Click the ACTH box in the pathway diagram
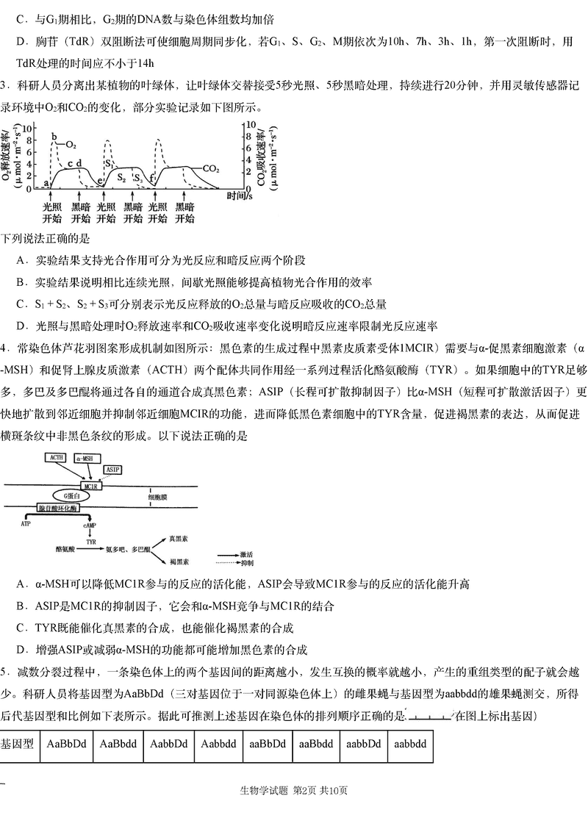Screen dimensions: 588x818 [x=57, y=458]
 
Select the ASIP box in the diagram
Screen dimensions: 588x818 [x=112, y=470]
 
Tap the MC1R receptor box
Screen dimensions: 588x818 [x=90, y=487]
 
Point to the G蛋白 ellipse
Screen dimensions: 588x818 [x=69, y=496]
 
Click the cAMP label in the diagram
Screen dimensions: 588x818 [x=90, y=525]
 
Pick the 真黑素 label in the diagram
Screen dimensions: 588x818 [x=179, y=539]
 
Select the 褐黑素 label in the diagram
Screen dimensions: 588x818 [x=179, y=562]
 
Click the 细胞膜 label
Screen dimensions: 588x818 [x=157, y=498]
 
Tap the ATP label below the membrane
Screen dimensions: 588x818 [x=26, y=523]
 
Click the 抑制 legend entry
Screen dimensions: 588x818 [x=247, y=564]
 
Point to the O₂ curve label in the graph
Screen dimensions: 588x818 [x=71, y=145]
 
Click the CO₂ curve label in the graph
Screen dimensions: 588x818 [x=211, y=168]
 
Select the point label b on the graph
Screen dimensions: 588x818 [x=54, y=137]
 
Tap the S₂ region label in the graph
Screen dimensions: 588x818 [x=121, y=177]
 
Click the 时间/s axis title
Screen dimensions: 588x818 [x=240, y=196]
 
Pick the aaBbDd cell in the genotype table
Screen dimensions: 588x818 [x=268, y=744]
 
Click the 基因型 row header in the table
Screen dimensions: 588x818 [x=17, y=745]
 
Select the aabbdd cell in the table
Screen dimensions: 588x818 [x=410, y=744]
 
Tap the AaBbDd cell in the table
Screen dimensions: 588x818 [x=66, y=744]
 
